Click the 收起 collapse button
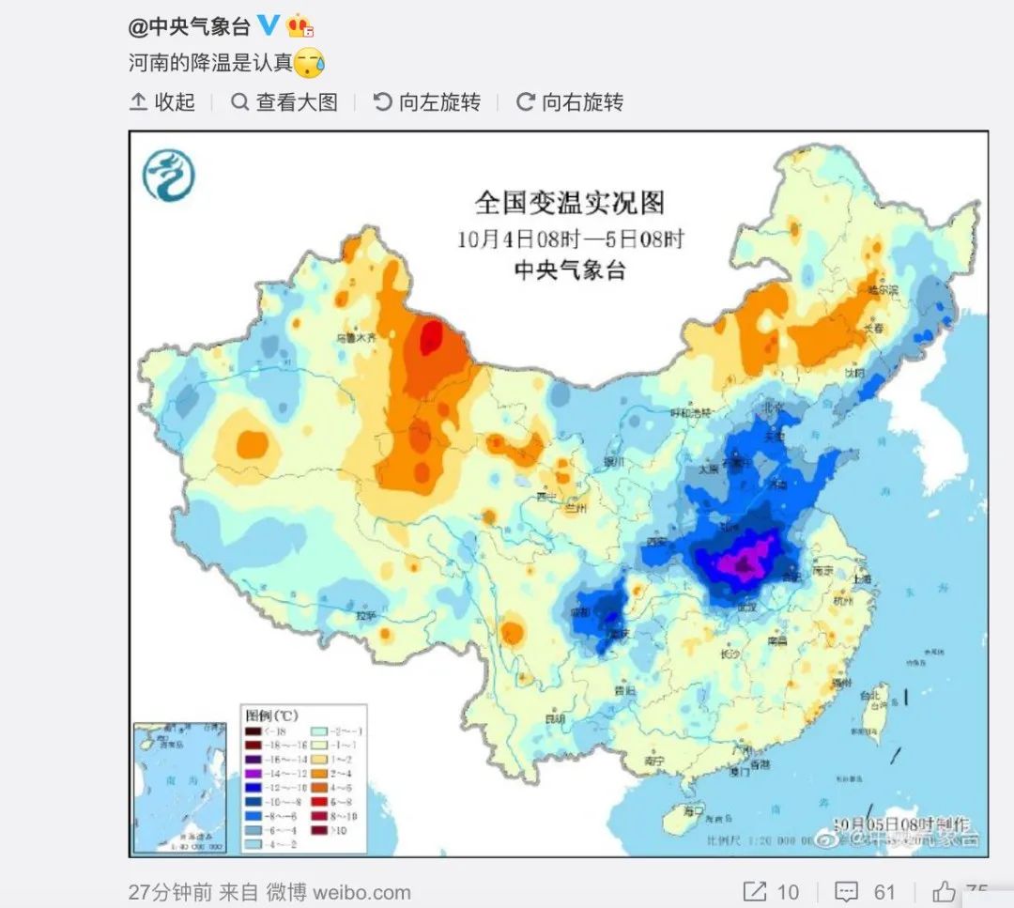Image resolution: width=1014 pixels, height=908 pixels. [162, 102]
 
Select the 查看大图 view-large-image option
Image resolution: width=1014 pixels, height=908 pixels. [284, 102]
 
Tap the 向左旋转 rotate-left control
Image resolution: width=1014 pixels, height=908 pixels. [427, 102]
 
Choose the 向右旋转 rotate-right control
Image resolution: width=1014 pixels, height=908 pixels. [570, 102]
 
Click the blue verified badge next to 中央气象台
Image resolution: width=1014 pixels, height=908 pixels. [269, 25]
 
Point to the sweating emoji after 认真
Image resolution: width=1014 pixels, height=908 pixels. [309, 63]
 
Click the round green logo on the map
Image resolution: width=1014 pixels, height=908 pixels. [169, 176]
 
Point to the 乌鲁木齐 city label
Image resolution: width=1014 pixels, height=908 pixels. [360, 336]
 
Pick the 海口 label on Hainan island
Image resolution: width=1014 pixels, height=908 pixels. [693, 810]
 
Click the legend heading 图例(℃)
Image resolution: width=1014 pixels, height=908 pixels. [271, 716]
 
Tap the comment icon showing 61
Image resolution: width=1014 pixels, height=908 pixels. [848, 891]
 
